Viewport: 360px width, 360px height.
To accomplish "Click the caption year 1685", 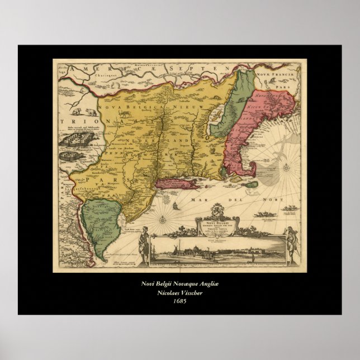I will [179, 301].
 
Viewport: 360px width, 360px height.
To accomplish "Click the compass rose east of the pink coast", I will [286, 165].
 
